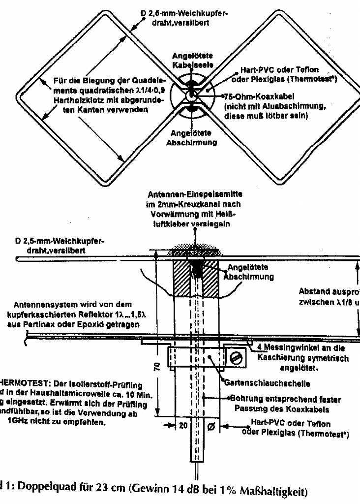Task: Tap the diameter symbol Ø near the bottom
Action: click(211, 426)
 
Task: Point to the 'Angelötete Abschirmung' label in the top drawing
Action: click(192, 138)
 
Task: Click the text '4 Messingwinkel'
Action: click(284, 347)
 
